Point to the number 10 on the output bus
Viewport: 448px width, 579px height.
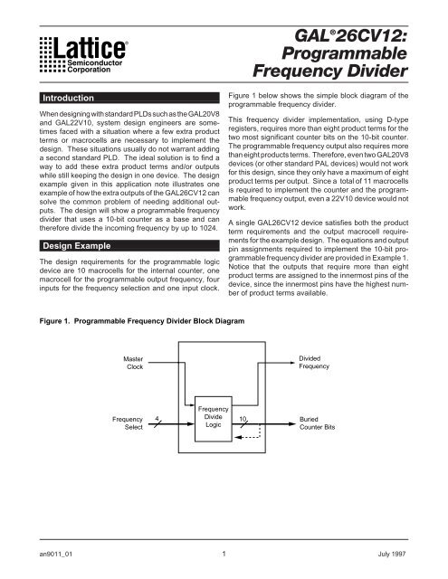point(243,418)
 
